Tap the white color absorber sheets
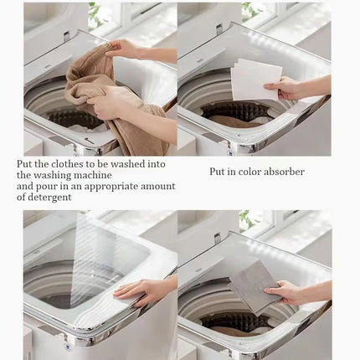click(x=256, y=80)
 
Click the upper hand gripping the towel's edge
click(x=126, y=49)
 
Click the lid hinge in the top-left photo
click(x=66, y=36)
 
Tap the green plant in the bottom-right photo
click(x=245, y=219)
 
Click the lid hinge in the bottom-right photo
click(x=218, y=238)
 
